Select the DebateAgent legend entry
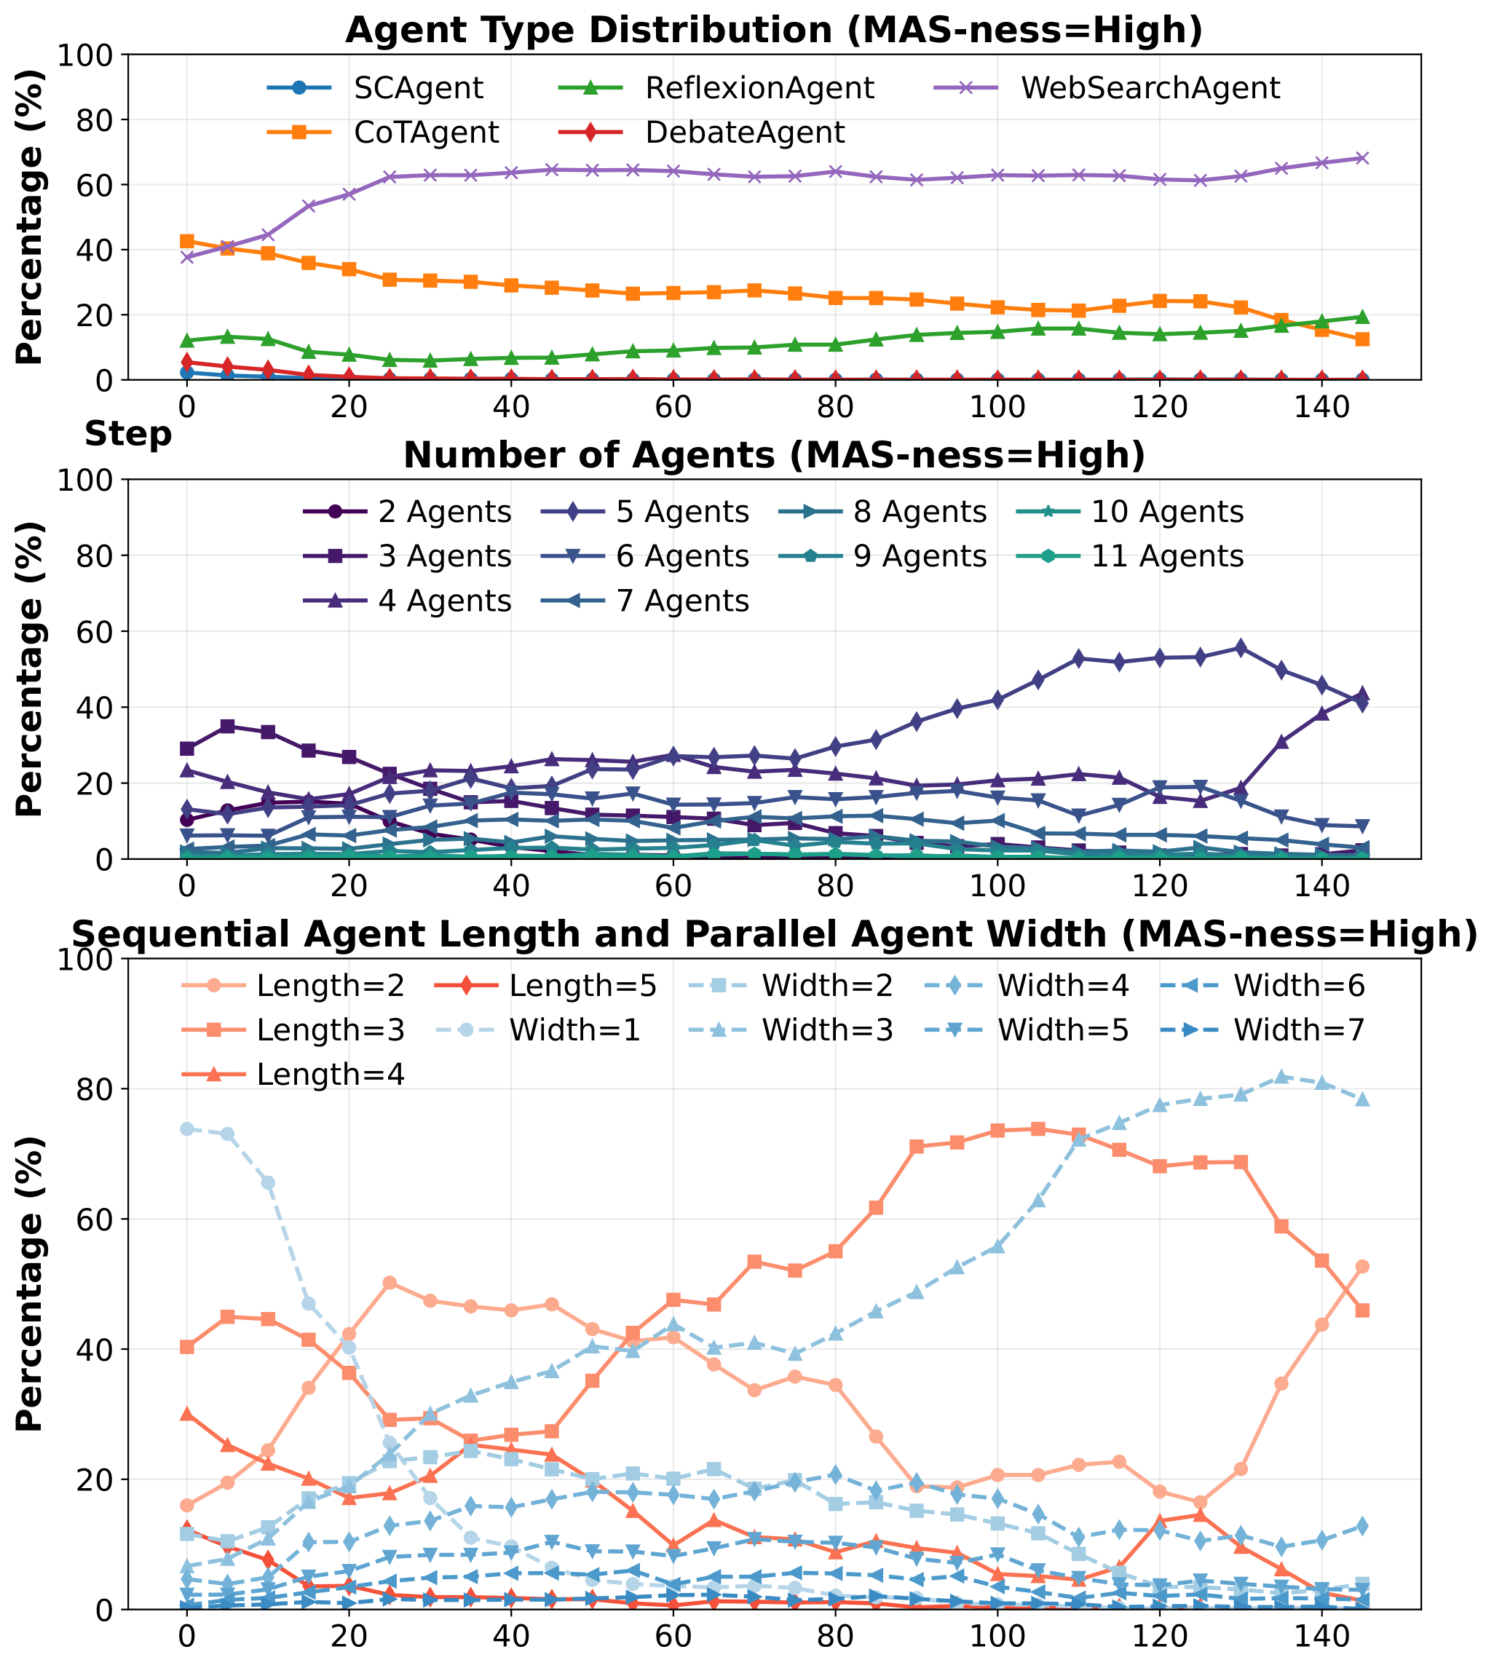click(745, 133)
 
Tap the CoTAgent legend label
click(427, 133)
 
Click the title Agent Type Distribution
click(773, 31)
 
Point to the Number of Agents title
click(773, 456)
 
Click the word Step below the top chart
click(128, 434)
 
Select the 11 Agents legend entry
click(1167, 556)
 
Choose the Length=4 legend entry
click(330, 1075)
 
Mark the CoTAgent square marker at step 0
click(187, 241)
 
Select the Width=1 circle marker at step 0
click(187, 1129)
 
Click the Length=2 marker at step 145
click(1361, 1267)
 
